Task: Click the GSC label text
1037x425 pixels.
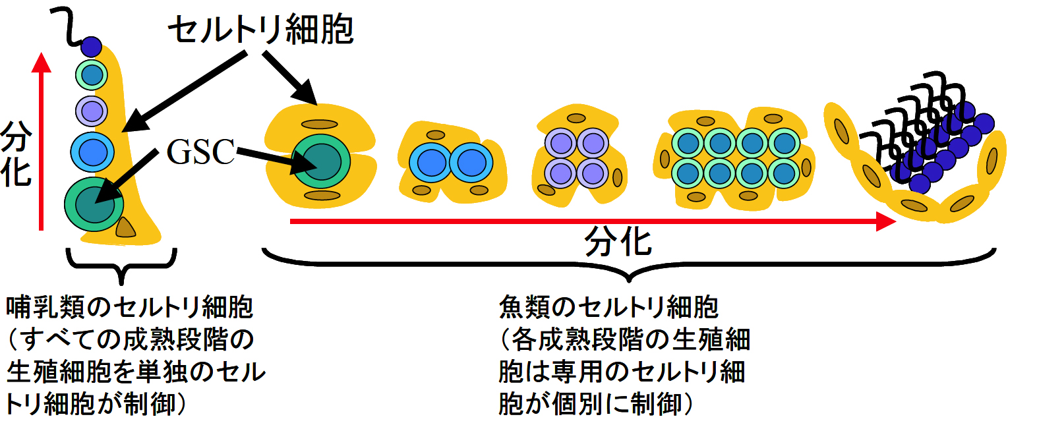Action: tap(200, 152)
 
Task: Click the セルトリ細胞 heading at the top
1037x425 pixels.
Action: tap(261, 30)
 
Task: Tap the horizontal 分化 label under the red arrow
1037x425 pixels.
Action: tap(618, 242)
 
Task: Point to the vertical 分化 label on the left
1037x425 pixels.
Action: tap(16, 154)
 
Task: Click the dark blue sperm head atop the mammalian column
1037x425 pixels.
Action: tap(91, 47)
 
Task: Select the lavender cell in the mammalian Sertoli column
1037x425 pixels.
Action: tap(92, 111)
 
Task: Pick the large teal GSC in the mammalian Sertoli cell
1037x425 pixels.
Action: tap(94, 204)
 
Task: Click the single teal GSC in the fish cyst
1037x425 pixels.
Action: tap(321, 161)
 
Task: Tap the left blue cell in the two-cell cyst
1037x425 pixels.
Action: tap(432, 163)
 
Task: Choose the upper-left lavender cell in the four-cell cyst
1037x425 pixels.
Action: tap(560, 143)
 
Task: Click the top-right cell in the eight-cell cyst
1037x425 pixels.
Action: tap(784, 143)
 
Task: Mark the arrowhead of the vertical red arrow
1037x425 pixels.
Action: tap(42, 63)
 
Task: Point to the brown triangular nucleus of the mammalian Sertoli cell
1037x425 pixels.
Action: tap(125, 227)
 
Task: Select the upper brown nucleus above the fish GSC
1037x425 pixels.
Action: tap(320, 124)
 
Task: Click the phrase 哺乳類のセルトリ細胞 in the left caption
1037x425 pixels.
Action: tap(129, 307)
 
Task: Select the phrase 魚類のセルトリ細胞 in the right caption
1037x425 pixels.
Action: tap(608, 307)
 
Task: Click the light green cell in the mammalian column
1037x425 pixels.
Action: tap(92, 75)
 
